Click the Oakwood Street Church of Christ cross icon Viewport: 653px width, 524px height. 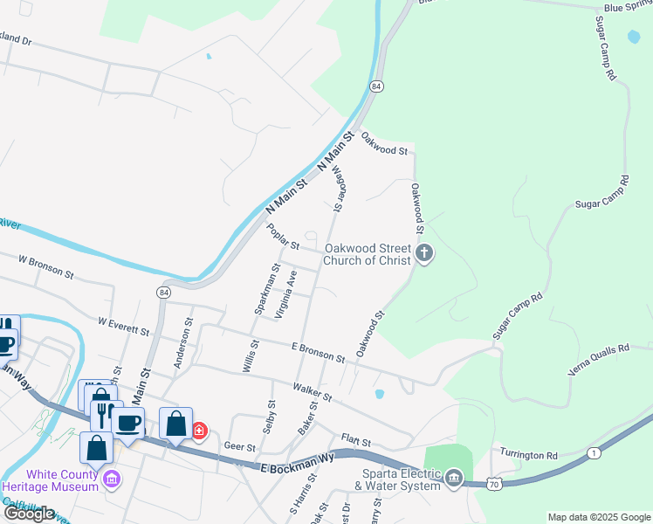coord(424,254)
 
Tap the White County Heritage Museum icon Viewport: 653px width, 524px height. coord(111,479)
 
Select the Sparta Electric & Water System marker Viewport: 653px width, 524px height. coord(454,477)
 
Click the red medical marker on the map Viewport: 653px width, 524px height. coord(199,431)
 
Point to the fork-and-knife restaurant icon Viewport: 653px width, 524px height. coord(103,412)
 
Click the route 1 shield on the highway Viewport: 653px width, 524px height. coord(594,452)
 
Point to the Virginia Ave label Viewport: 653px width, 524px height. coord(286,293)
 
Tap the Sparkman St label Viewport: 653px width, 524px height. coord(265,287)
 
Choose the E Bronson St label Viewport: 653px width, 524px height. coord(318,351)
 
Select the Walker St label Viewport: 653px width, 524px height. coord(313,391)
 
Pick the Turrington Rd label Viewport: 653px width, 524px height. coord(528,455)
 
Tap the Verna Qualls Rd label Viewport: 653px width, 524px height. coord(598,359)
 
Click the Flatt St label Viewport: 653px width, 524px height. coord(356,443)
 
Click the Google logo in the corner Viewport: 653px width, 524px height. coord(30,514)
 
